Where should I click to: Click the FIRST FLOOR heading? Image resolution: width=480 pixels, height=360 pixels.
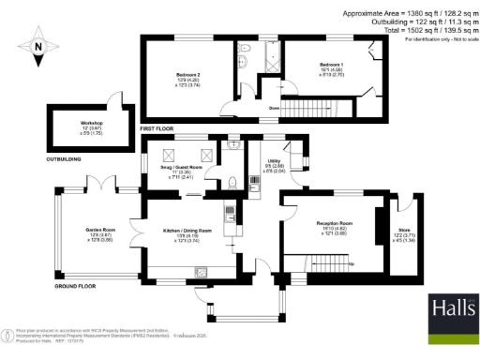point(158,127)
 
